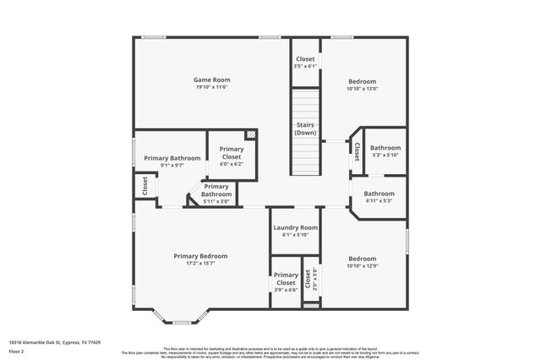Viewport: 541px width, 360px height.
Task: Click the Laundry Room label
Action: (x=295, y=227)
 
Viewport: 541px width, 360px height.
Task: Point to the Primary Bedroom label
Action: (x=200, y=256)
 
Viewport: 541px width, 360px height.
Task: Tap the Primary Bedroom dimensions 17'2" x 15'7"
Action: (x=200, y=264)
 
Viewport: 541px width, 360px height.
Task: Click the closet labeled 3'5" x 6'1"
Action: (x=305, y=59)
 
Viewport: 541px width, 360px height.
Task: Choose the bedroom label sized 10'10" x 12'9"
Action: (x=362, y=259)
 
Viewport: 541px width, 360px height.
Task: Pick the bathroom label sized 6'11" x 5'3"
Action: (x=379, y=193)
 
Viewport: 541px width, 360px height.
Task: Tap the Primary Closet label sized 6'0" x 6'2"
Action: (x=232, y=153)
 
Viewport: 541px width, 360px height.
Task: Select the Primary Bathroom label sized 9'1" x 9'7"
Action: (x=172, y=158)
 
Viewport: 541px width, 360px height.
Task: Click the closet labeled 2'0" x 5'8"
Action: (x=310, y=279)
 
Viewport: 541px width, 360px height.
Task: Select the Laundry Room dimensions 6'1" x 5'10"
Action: (x=295, y=235)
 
